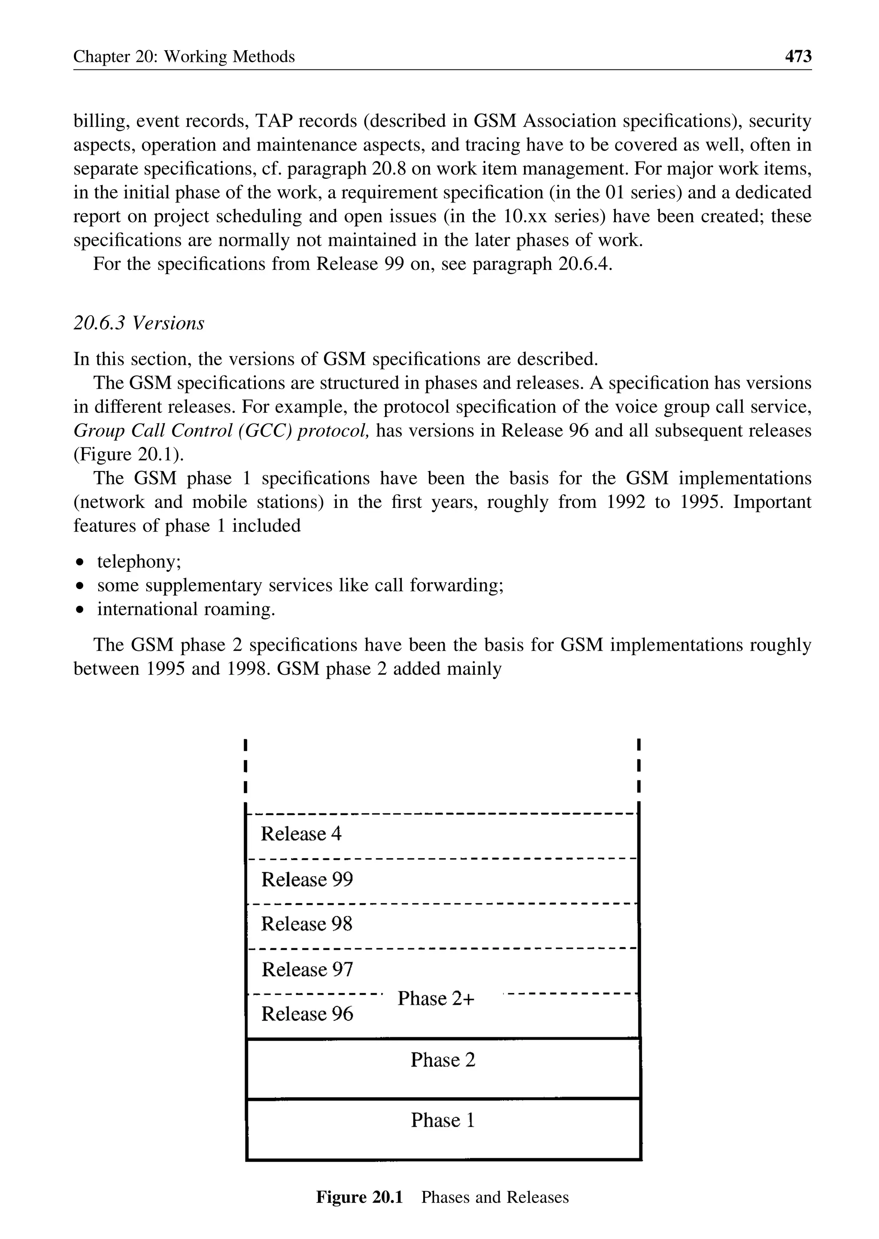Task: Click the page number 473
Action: tap(798, 56)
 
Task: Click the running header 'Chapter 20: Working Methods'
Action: tap(184, 57)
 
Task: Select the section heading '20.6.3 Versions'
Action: tap(139, 323)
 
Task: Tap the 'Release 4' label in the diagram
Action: tap(301, 834)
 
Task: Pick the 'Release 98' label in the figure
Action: tap(307, 924)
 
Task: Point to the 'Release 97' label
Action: tap(307, 970)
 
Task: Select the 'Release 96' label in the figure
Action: tap(307, 1014)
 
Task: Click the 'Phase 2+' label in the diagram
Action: tap(436, 999)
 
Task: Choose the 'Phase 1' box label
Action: tap(443, 1120)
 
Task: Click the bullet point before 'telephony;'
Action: tap(80, 563)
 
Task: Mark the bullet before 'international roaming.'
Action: tap(80, 610)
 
